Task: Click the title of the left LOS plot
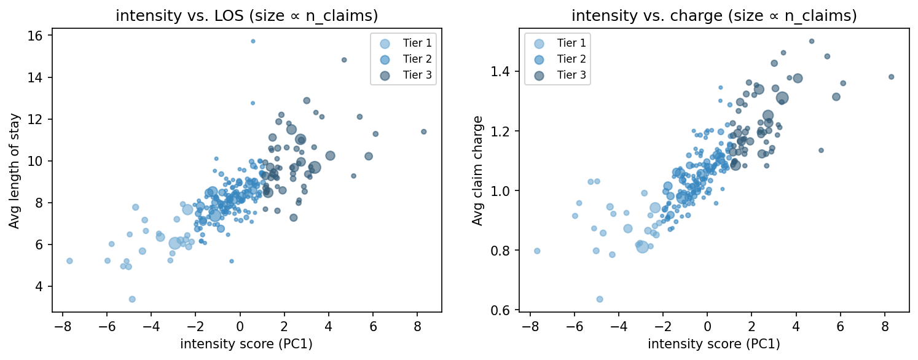246,17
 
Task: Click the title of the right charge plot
713,17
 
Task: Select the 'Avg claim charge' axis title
477,170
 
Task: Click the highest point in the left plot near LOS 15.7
253,41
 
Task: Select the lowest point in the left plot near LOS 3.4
132,299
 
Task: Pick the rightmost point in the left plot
423,131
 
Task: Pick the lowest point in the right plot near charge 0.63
600,299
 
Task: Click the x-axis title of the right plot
713,344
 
